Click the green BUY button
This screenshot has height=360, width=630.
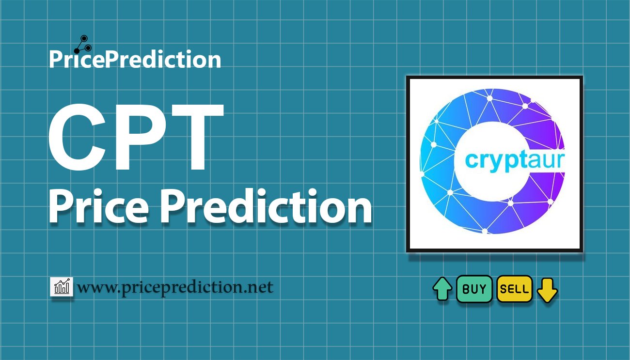click(x=474, y=289)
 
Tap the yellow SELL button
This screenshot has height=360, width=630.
click(x=514, y=289)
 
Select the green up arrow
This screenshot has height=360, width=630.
click(x=442, y=289)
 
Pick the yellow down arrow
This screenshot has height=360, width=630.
click(x=547, y=290)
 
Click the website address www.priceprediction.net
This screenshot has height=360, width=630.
click(x=175, y=287)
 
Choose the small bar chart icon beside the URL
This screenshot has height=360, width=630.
click(x=62, y=287)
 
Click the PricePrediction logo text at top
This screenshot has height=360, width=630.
click(x=135, y=60)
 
